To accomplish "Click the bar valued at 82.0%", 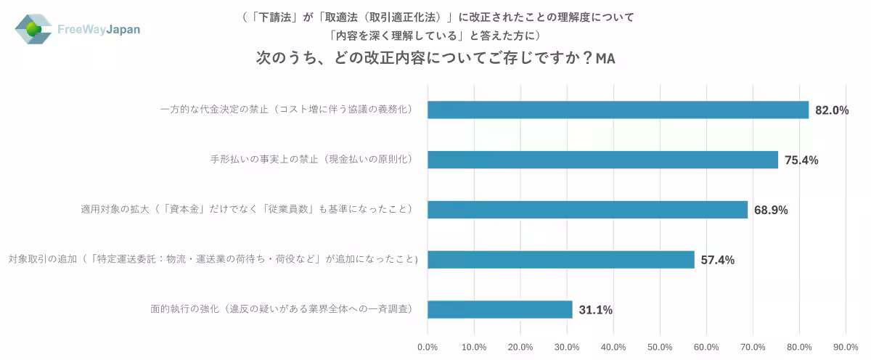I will click(x=618, y=110).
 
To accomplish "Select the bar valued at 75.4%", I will click(x=602, y=160).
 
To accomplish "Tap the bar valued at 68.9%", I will click(x=587, y=210).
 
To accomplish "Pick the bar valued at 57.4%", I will click(x=560, y=260).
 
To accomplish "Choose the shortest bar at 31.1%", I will click(x=499, y=310).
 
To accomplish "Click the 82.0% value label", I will click(x=832, y=110).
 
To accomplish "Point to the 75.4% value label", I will click(x=801, y=160).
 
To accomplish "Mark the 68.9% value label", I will click(x=771, y=210).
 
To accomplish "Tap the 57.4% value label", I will click(x=717, y=261).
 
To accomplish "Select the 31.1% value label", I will click(x=595, y=311).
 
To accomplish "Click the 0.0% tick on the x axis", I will click(x=428, y=346).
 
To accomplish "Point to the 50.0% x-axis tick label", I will click(x=661, y=346).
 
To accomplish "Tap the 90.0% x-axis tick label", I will click(x=846, y=346).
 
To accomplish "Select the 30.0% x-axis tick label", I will click(x=567, y=346).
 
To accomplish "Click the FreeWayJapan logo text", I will click(x=99, y=30).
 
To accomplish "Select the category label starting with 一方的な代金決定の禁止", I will click(x=287, y=110).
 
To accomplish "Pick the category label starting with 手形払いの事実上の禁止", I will click(x=311, y=160).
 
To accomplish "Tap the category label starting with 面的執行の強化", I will click(x=282, y=310).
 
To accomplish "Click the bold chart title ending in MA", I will click(x=435, y=58).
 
